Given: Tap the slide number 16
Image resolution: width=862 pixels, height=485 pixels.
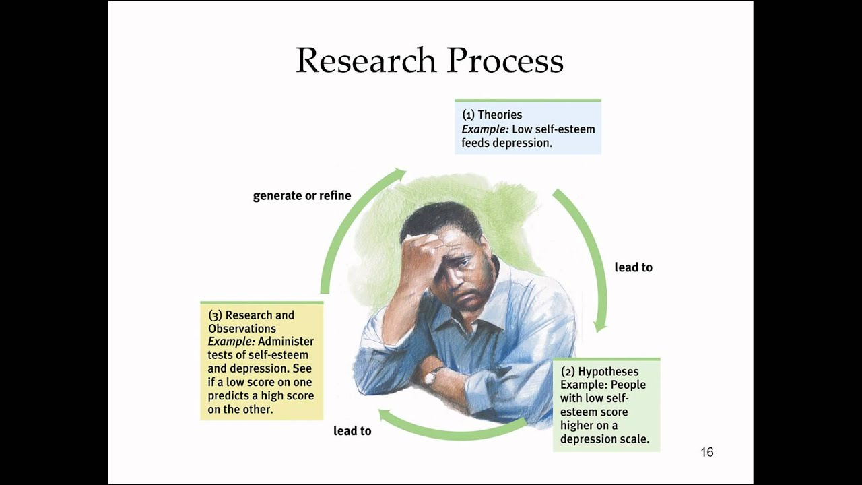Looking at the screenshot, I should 706,452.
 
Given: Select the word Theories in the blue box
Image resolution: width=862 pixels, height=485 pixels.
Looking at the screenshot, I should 500,115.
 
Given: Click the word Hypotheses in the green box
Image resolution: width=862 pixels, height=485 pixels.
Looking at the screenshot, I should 608,371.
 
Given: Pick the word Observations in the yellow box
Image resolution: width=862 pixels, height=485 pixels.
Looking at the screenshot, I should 242,329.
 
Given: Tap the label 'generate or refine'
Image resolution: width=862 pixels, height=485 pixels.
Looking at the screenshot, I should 302,196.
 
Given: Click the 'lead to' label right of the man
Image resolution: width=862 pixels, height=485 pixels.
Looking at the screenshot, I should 633,267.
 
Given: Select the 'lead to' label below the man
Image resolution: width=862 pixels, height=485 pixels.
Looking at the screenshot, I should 352,431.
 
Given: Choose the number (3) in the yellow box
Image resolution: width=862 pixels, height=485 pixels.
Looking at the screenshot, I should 215,315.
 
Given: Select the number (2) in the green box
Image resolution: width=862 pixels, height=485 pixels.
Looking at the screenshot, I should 568,371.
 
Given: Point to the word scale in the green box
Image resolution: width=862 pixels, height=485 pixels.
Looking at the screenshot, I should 633,439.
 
